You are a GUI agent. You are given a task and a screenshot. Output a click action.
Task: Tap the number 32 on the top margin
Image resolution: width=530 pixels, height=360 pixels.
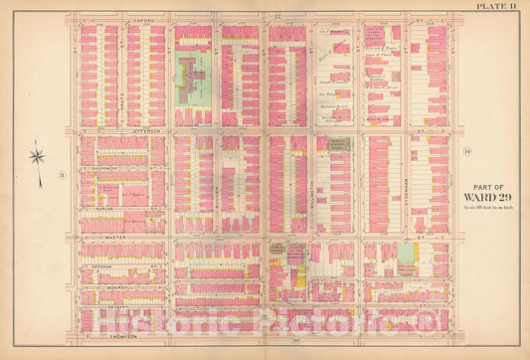click(279, 18)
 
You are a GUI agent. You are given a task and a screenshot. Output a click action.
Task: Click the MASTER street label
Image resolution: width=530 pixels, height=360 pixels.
click(117, 237)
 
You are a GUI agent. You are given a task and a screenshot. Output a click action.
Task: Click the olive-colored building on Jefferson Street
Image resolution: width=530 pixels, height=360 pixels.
click(335, 144)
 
